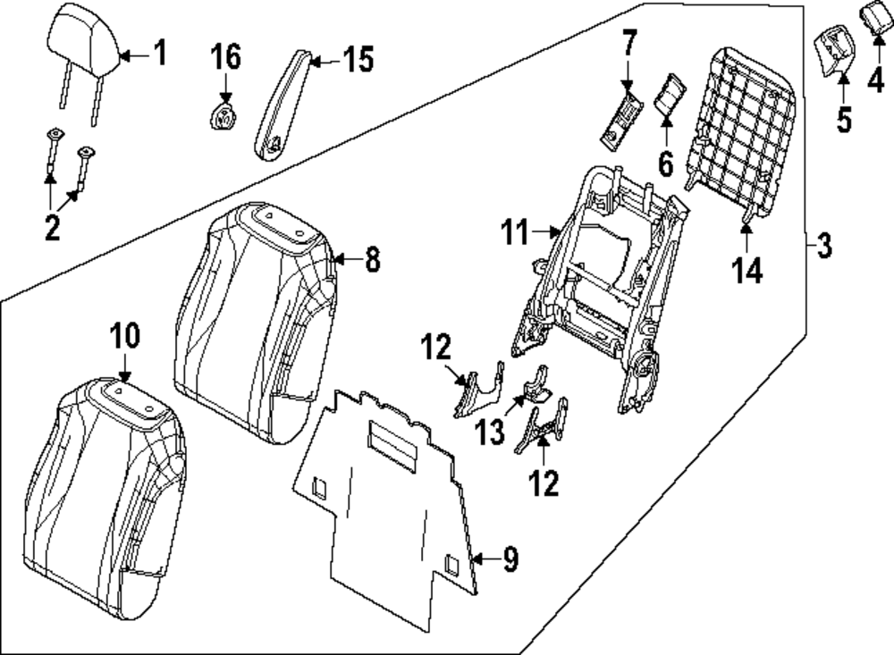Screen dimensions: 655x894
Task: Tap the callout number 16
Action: click(225, 58)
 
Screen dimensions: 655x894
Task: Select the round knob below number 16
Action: click(223, 117)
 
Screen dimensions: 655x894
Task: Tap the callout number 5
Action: click(844, 119)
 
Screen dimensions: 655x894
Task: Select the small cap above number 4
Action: click(873, 16)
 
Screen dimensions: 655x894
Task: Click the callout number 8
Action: click(372, 260)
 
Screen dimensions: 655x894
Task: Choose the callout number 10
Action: click(125, 336)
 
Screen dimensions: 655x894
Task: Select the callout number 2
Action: click(52, 228)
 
